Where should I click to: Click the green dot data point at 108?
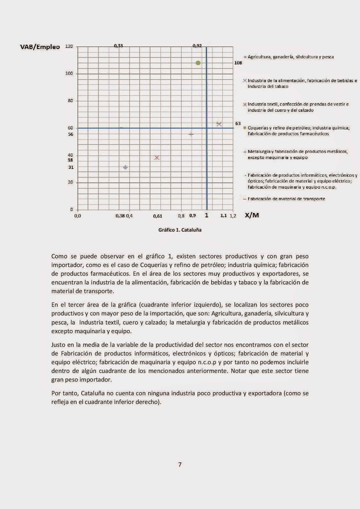point(198,63)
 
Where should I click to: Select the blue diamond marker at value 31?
point(125,167)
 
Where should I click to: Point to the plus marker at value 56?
point(191,134)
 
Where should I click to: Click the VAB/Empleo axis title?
point(40,47)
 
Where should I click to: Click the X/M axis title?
point(252,215)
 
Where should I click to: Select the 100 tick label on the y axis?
point(69,73)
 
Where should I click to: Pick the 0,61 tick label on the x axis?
point(158,216)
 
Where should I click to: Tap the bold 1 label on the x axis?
point(207,215)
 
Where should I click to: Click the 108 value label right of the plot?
point(238,63)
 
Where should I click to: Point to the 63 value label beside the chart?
point(238,123)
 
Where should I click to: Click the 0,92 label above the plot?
point(197,46)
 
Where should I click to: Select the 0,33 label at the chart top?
point(118,46)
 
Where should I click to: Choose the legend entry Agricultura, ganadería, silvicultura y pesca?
point(290,57)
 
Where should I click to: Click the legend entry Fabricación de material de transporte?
point(286,199)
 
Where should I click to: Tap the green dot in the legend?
point(245,128)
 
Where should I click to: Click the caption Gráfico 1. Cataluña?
point(180,230)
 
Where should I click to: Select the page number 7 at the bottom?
point(180,464)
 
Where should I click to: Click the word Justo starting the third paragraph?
point(58,345)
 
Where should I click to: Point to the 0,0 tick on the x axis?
point(78,216)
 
